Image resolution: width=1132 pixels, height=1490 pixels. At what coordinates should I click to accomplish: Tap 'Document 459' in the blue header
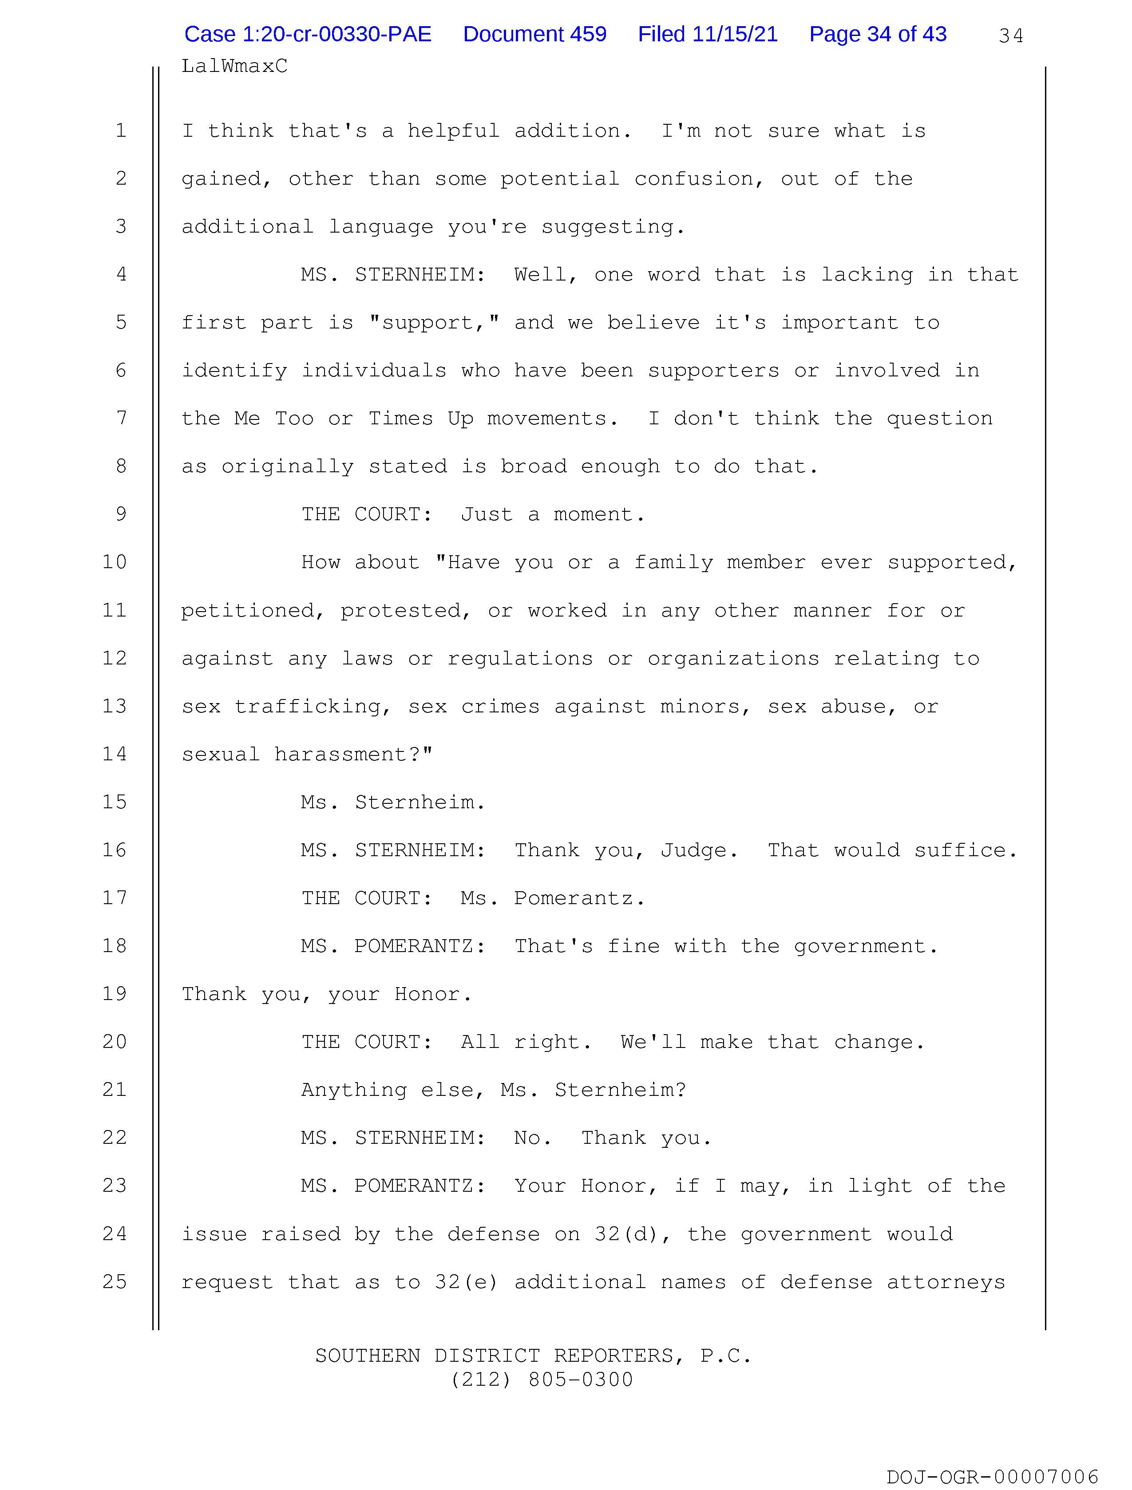click(x=534, y=34)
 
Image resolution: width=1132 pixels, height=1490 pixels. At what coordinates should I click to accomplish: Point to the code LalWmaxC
click(x=234, y=66)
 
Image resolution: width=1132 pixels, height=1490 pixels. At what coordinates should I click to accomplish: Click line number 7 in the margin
click(x=121, y=418)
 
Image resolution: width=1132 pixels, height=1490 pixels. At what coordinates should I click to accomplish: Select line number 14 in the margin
click(x=115, y=754)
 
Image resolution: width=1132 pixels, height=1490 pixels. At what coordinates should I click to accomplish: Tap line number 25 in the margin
click(x=115, y=1281)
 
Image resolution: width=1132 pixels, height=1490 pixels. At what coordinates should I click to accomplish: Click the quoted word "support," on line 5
click(x=434, y=323)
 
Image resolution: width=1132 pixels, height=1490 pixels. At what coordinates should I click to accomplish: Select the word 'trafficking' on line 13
click(x=313, y=707)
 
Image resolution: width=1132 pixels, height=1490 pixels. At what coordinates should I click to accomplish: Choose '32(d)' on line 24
click(x=631, y=1234)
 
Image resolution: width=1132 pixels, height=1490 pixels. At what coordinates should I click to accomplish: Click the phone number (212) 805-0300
click(x=541, y=1379)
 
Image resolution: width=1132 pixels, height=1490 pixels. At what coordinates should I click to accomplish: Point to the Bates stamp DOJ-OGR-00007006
click(x=993, y=1477)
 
